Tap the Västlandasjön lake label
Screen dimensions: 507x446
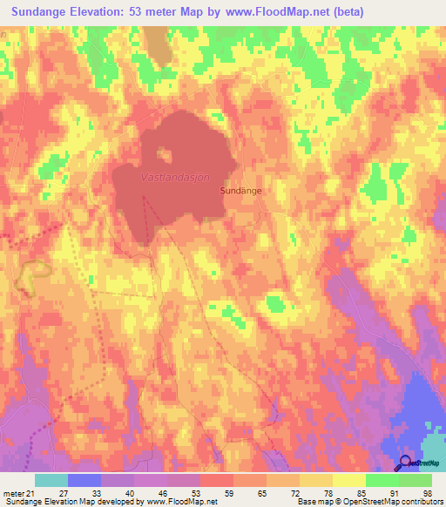click(x=175, y=177)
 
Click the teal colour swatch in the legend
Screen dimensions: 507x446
click(x=51, y=480)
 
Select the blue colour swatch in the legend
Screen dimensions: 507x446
click(x=84, y=480)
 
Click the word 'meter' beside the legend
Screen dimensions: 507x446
click(x=11, y=492)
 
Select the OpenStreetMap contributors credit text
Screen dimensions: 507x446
click(x=377, y=502)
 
